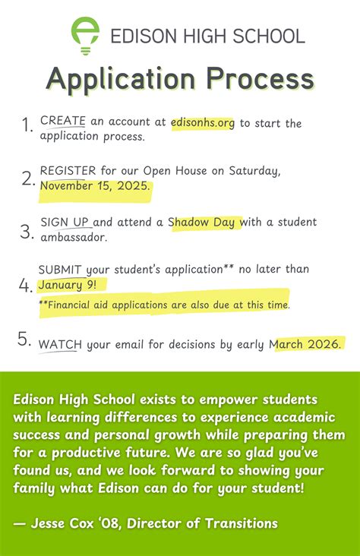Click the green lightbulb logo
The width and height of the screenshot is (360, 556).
[x=85, y=35]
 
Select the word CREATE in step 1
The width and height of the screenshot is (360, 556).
[x=62, y=122]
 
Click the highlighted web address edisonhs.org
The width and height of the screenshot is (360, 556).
[x=204, y=123]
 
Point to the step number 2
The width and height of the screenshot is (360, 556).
[x=28, y=178]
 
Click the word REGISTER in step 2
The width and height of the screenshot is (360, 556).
[x=68, y=170]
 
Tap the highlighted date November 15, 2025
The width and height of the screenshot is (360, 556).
[x=96, y=186]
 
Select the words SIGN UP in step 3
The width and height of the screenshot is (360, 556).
[x=65, y=222]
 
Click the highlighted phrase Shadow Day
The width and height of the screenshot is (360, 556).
[x=206, y=222]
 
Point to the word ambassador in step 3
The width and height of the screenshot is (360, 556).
[x=74, y=237]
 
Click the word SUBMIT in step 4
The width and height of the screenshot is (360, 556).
[x=61, y=270]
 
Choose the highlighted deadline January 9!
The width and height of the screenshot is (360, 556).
[x=72, y=286]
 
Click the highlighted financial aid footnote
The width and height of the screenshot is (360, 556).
[x=164, y=305]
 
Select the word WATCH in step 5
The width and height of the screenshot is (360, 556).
[x=60, y=345]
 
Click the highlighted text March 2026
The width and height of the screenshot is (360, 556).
[x=307, y=345]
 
